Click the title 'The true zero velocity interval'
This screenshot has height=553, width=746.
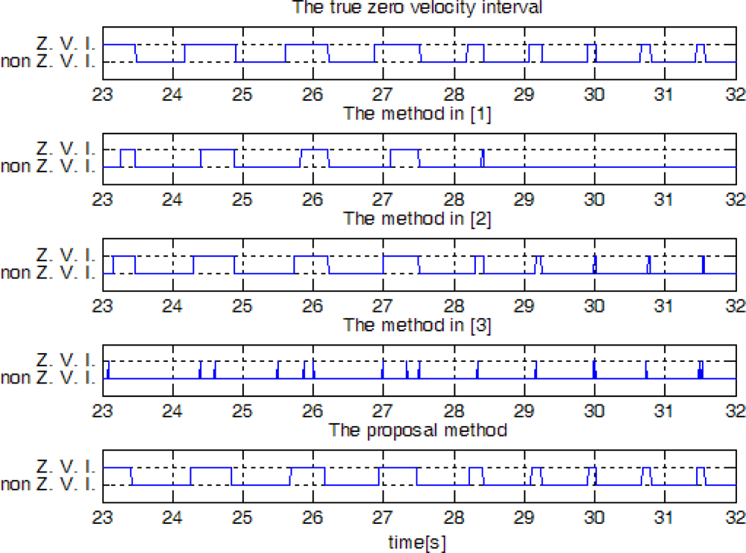[417, 7]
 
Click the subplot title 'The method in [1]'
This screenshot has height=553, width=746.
[417, 113]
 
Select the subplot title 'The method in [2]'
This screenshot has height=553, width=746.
[417, 219]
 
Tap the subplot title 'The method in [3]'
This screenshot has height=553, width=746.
[417, 325]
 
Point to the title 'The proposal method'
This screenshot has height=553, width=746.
[419, 431]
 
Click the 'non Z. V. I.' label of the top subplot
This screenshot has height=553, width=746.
[48, 61]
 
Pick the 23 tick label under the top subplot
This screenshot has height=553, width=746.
[102, 95]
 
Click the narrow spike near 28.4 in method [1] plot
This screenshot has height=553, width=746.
[483, 157]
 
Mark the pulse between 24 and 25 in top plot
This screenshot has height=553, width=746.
[210, 46]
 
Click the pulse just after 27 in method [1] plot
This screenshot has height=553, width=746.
[404, 151]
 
